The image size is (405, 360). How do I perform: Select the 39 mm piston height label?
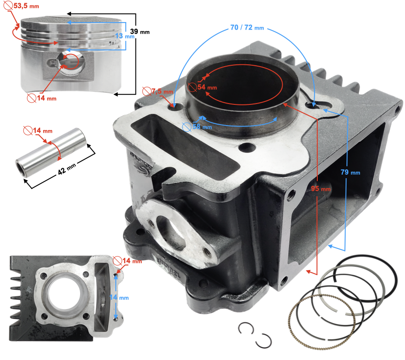pyautogui.click(x=139, y=31)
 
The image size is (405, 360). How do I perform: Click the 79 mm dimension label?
pyautogui.click(x=350, y=172)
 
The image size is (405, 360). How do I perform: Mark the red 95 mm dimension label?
pyautogui.click(x=320, y=189)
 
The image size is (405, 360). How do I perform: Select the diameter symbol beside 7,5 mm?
pyautogui.click(x=147, y=91)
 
